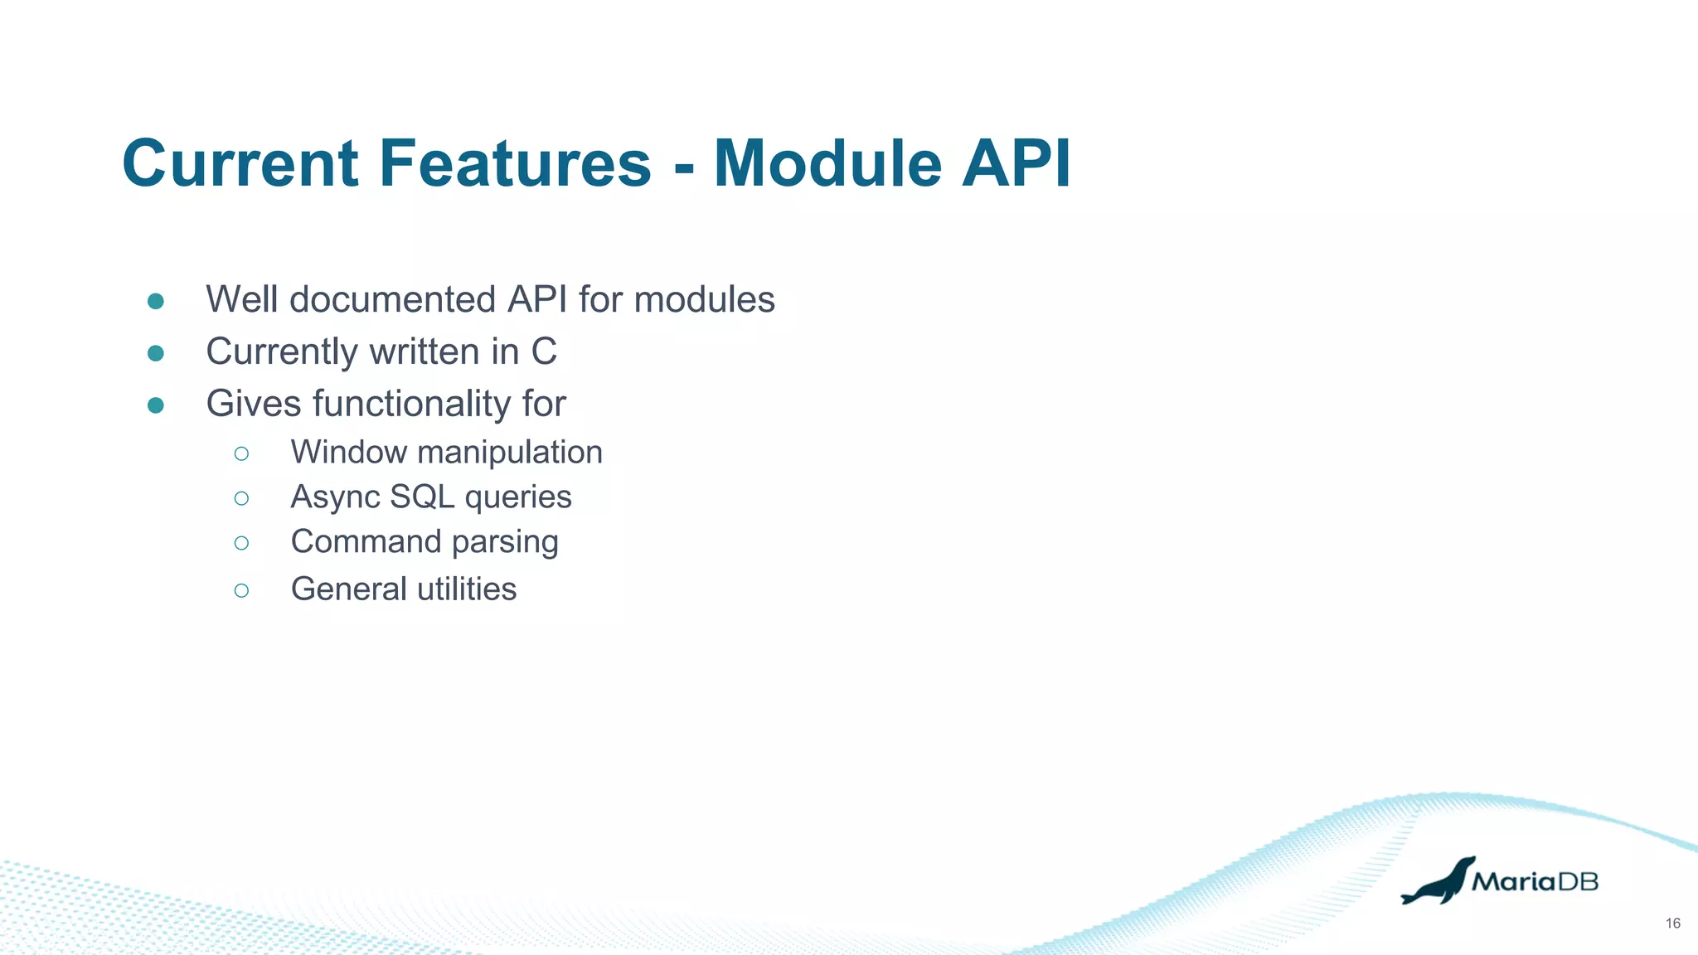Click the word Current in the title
click(240, 163)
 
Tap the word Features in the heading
click(515, 163)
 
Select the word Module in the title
click(827, 163)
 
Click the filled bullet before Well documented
click(156, 301)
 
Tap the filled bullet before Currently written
click(156, 353)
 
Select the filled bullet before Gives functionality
click(156, 405)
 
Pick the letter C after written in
click(544, 351)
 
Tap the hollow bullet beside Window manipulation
click(241, 453)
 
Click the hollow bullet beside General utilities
click(241, 590)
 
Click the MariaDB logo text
click(1535, 881)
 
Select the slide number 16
click(1672, 923)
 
